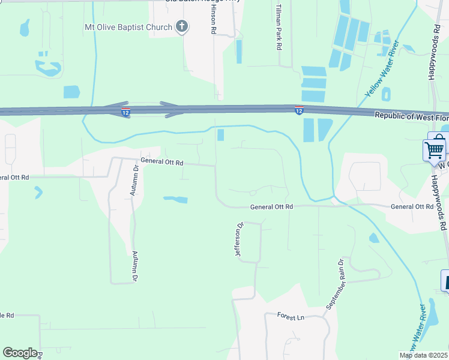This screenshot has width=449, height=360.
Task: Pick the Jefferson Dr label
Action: [x=239, y=239]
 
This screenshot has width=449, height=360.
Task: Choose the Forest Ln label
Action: [x=291, y=316]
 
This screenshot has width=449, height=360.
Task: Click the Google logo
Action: [x=20, y=353]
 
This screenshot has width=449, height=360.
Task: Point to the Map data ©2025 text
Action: [x=423, y=355]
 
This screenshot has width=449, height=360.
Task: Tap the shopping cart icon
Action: [x=435, y=148]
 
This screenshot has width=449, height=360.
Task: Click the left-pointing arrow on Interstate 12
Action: [x=117, y=106]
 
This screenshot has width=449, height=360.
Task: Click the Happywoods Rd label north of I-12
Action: [x=434, y=53]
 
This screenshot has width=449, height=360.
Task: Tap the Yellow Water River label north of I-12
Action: [x=382, y=69]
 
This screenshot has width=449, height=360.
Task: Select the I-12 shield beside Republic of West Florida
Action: [x=298, y=110]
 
